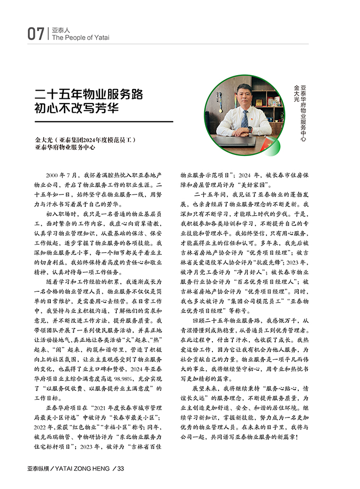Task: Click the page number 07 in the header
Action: (35, 34)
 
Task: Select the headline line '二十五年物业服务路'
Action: (88, 95)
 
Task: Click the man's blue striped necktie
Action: (244, 119)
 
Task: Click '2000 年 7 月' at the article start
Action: (63, 176)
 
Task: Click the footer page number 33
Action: (121, 468)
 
